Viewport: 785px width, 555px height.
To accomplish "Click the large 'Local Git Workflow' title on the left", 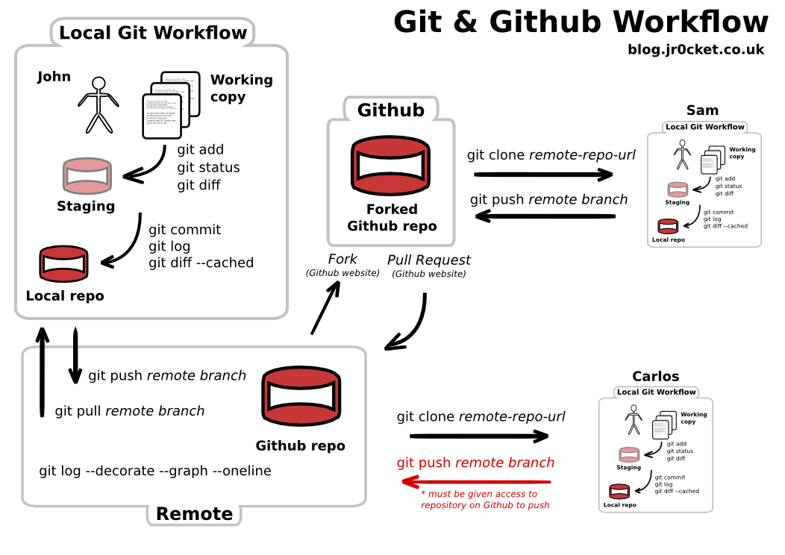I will [x=153, y=33].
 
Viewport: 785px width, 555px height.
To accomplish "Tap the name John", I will [x=54, y=77].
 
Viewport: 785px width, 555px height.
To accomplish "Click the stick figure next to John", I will [x=98, y=104].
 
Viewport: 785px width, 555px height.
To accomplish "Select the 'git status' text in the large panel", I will [x=208, y=167].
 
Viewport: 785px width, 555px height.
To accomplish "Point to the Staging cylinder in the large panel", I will [x=87, y=176].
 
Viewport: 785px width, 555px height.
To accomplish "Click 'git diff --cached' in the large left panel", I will [x=201, y=263].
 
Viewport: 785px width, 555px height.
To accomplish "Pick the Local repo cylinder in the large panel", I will [x=63, y=264].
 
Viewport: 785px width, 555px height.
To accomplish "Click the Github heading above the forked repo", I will [x=390, y=110].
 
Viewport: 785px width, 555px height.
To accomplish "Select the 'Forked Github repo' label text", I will [x=392, y=218].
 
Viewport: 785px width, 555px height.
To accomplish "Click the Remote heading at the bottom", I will [x=194, y=514].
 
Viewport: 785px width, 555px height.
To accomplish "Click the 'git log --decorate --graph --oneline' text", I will [x=155, y=471].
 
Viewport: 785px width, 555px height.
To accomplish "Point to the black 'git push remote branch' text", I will [x=167, y=375].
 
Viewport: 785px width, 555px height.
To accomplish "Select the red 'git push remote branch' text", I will [x=475, y=462].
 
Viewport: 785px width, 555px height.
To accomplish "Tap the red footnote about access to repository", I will [x=485, y=500].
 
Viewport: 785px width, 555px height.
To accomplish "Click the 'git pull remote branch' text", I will [x=130, y=411].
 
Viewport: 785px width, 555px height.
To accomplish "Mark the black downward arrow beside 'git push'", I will [x=75, y=366].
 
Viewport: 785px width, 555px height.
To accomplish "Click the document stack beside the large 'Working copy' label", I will [x=171, y=105].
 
